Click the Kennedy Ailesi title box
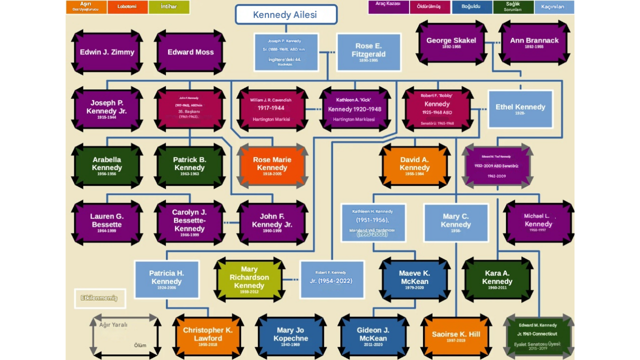click(286, 14)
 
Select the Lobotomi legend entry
click(127, 7)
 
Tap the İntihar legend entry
click(169, 7)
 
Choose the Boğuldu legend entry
click(471, 7)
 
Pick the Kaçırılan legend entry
click(553, 7)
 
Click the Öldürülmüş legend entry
click(430, 7)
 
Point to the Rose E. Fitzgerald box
click(368, 52)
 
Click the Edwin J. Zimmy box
click(107, 52)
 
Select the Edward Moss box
click(190, 52)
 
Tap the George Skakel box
click(451, 42)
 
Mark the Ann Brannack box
click(534, 42)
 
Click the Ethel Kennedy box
click(520, 108)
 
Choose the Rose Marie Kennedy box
click(272, 165)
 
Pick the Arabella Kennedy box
click(107, 165)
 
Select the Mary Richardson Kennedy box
click(249, 279)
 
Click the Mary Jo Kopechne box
click(291, 336)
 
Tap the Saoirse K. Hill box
click(456, 336)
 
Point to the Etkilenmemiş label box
click(99, 298)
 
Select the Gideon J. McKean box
click(373, 336)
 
